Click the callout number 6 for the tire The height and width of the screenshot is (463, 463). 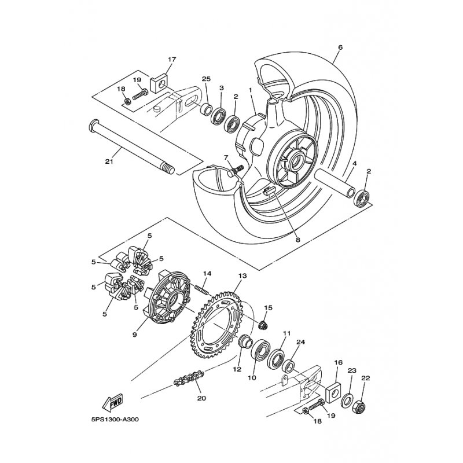click(x=340, y=47)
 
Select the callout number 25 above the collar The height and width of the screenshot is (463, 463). click(x=206, y=79)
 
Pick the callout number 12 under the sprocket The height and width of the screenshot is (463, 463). click(x=236, y=369)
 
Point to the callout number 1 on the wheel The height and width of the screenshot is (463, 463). click(x=251, y=90)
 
